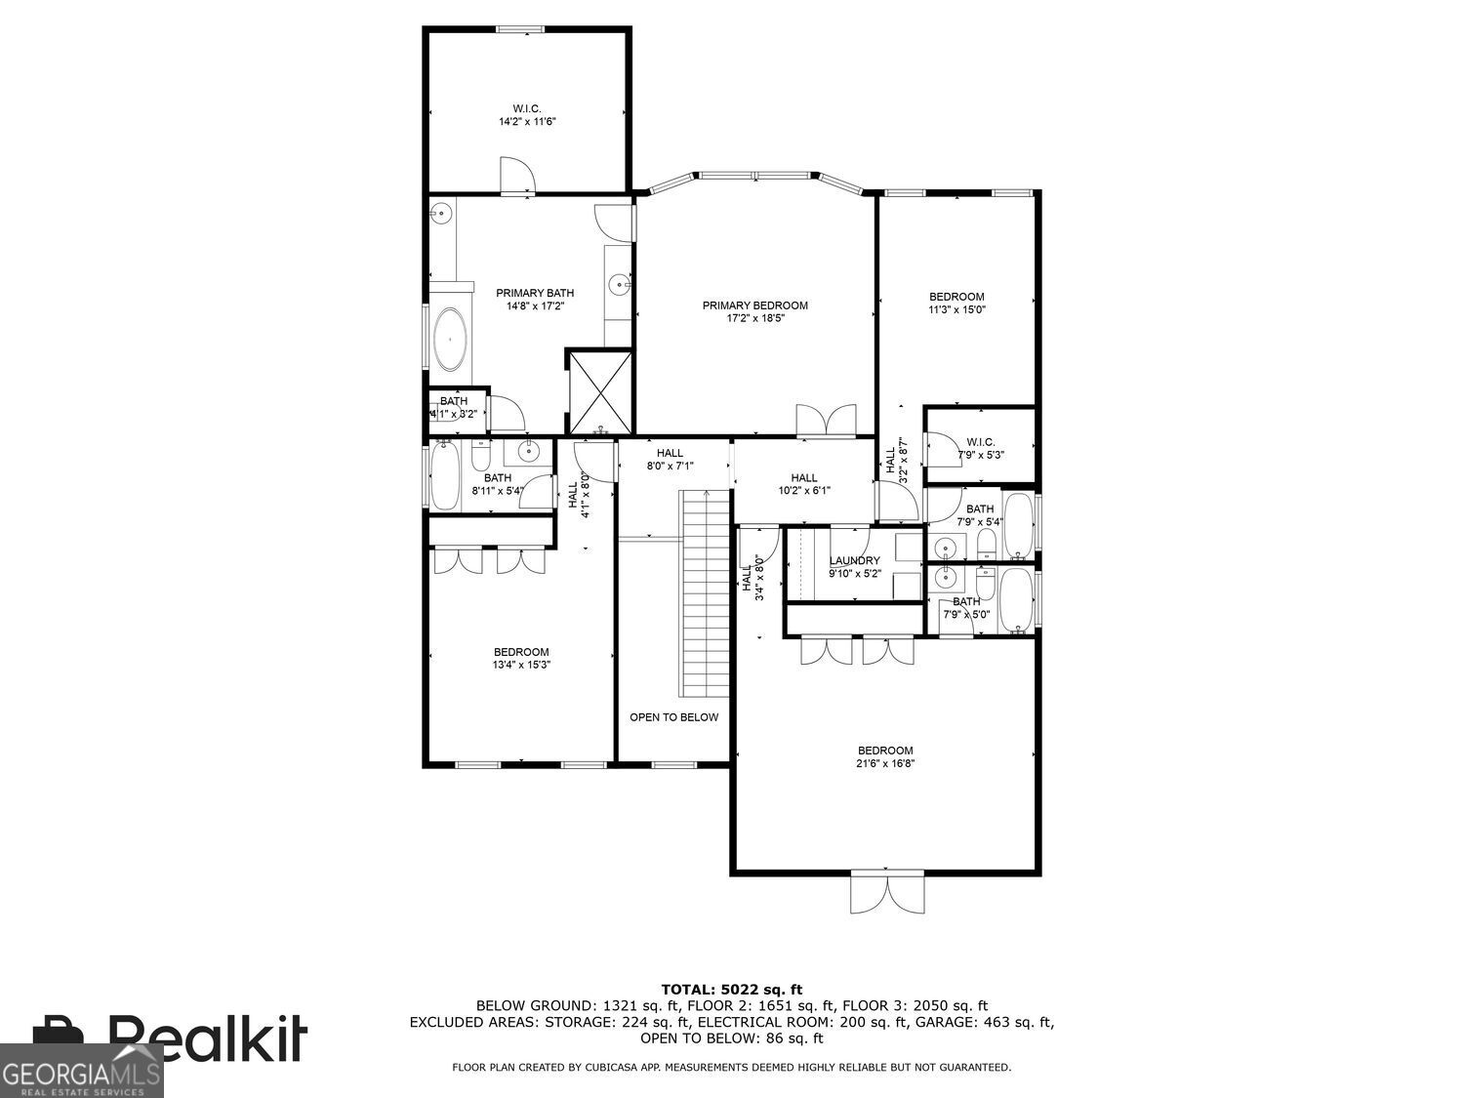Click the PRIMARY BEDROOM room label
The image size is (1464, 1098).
tap(754, 305)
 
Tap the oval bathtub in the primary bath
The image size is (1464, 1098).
tap(450, 339)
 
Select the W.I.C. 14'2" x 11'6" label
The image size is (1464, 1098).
tap(527, 115)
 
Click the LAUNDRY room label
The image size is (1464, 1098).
tap(854, 560)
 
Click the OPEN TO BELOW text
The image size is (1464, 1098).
tap(673, 717)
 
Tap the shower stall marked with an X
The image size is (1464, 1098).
tap(600, 391)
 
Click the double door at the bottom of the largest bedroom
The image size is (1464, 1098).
tap(886, 891)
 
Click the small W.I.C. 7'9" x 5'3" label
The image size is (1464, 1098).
tap(980, 448)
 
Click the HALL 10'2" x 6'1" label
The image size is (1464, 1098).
tap(803, 484)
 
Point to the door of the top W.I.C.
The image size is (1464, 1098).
tap(517, 176)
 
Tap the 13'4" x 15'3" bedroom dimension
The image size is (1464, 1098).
tap(520, 666)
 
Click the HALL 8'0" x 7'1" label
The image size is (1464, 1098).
tap(670, 460)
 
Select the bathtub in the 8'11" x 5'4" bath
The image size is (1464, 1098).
tap(445, 475)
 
